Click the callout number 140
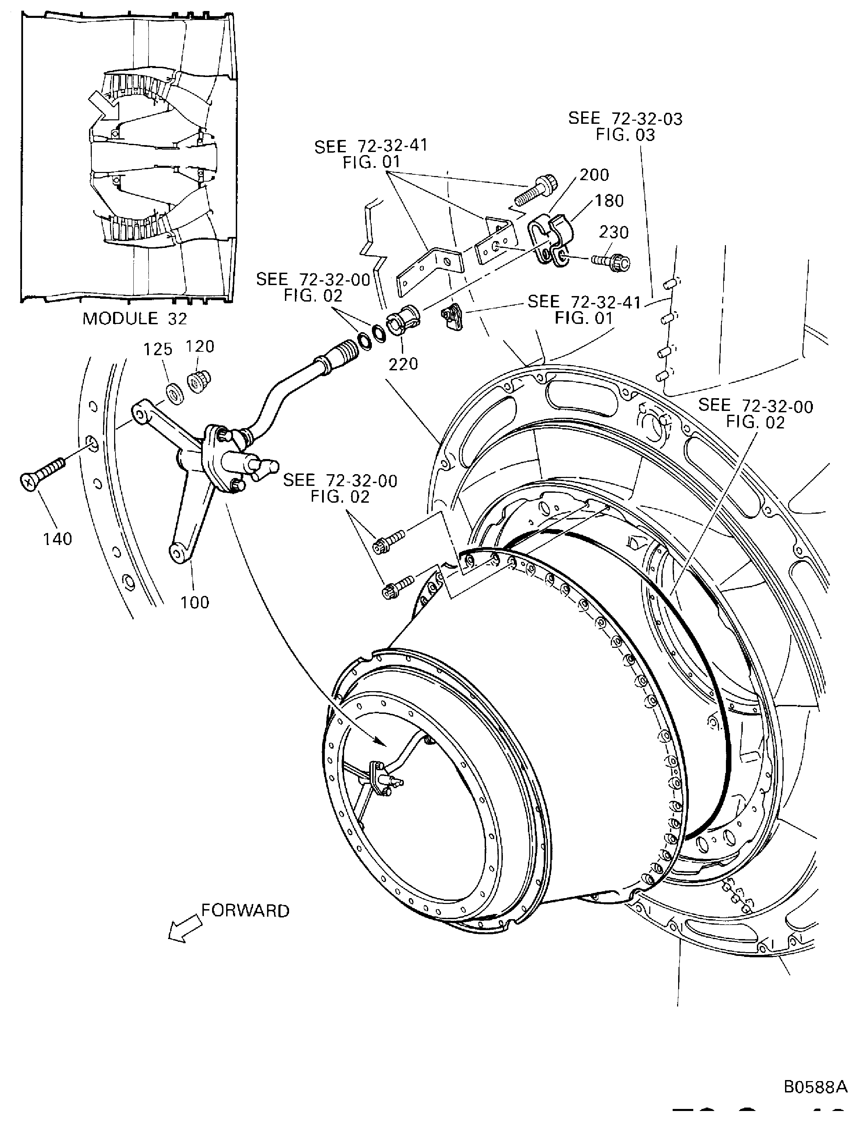57,539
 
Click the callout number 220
403,364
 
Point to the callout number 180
609,200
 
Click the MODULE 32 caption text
135,318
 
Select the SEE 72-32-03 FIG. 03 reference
625,127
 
